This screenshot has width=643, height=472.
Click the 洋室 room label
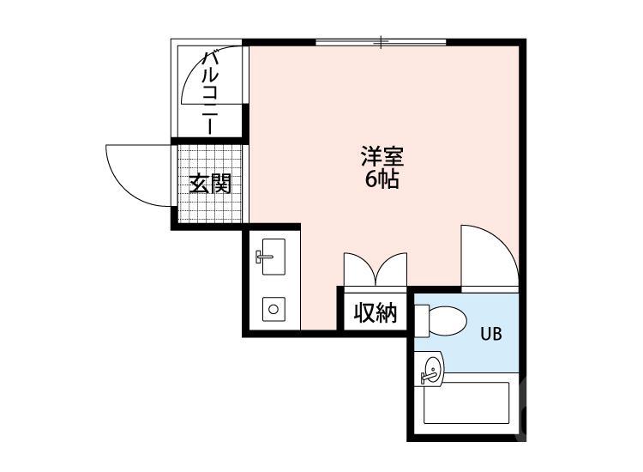point(382,157)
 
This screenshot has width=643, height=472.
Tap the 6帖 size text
point(382,180)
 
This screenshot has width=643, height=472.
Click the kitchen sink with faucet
point(272,257)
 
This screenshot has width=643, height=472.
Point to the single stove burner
point(273,307)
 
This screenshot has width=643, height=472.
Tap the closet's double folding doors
point(376,269)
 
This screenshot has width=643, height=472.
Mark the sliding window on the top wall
point(381,41)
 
